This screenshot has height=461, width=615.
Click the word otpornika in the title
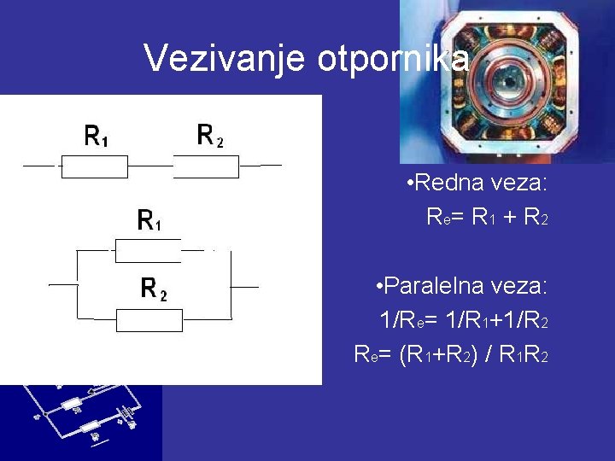(393, 58)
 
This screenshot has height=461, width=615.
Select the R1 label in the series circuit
(96, 136)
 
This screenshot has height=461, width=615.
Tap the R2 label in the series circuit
(209, 136)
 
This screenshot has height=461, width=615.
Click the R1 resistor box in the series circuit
(94, 166)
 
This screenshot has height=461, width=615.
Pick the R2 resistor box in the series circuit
(206, 166)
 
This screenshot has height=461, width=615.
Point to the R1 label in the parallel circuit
(149, 221)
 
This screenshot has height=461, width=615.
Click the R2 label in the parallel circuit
(153, 290)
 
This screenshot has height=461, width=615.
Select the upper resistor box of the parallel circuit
(148, 251)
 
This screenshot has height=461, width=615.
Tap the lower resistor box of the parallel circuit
(149, 320)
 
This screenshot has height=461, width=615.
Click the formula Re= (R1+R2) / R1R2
(451, 352)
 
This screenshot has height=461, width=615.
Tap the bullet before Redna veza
(411, 183)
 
